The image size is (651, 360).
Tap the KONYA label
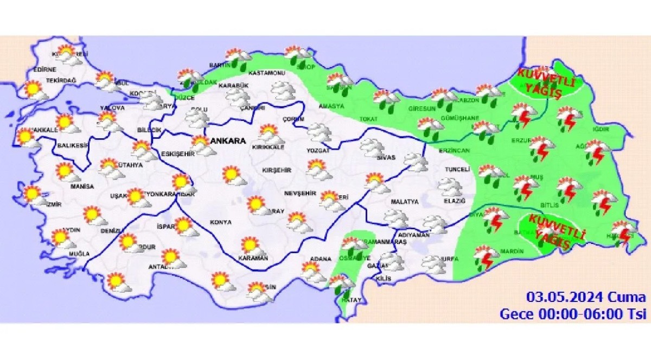(220, 222)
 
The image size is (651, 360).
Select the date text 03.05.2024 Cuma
(586, 297)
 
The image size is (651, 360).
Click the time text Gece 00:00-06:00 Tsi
(572, 313)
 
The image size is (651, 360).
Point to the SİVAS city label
(386, 158)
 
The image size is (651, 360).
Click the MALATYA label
(404, 202)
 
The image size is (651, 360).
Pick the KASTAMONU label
(266, 73)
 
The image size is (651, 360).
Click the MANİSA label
(82, 187)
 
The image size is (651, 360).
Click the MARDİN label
(513, 251)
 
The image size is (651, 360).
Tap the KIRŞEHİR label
(277, 170)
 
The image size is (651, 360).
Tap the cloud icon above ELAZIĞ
(450, 187)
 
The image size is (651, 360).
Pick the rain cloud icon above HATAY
(341, 284)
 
